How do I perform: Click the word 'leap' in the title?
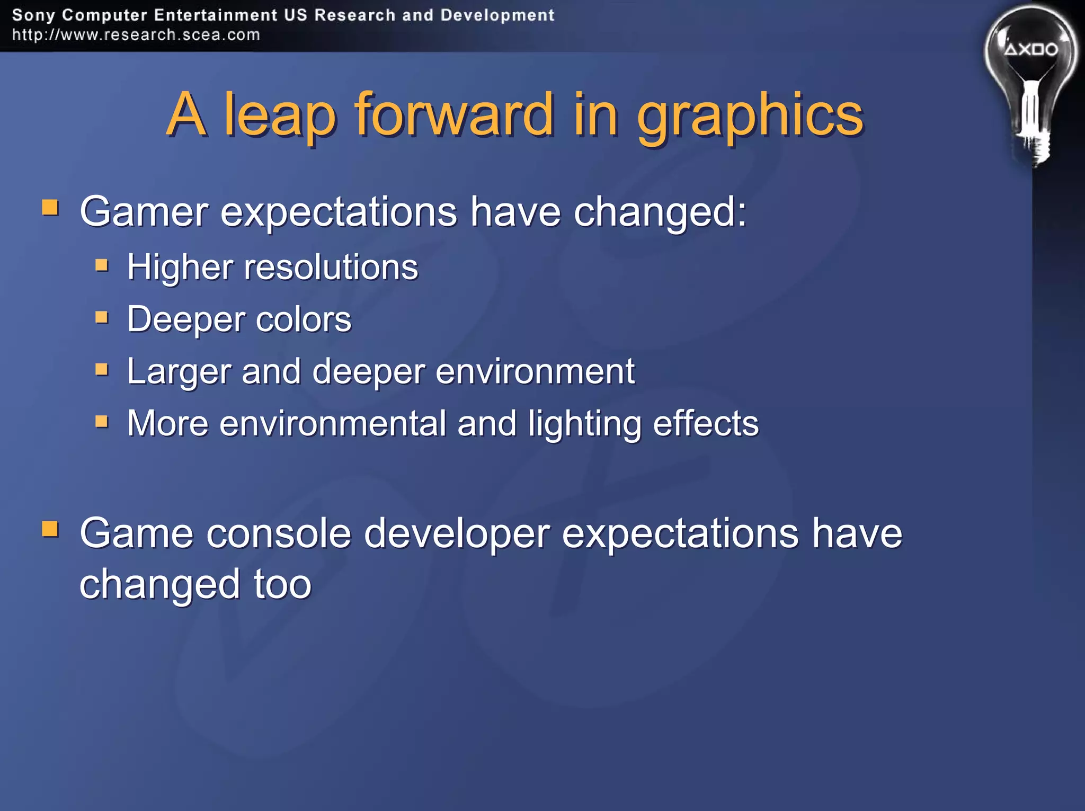click(280, 114)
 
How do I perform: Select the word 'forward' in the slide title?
click(453, 114)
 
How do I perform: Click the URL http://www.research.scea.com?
click(136, 35)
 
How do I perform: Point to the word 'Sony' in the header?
click(33, 15)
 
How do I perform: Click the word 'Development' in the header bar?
click(497, 15)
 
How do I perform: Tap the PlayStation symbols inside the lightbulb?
click(1031, 50)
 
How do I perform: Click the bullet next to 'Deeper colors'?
click(102, 317)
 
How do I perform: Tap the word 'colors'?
click(304, 319)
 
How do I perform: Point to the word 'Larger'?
click(179, 372)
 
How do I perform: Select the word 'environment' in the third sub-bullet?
click(535, 371)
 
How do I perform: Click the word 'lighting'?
click(584, 424)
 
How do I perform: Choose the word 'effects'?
click(706, 423)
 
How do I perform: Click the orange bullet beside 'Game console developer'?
click(50, 529)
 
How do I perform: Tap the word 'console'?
click(279, 533)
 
